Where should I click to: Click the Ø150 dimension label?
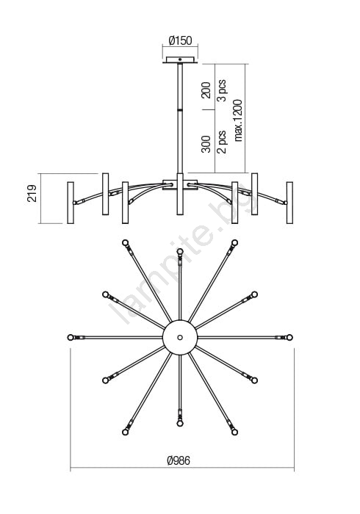[180, 40]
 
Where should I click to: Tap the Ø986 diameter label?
[179, 460]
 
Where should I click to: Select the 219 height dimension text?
[32, 193]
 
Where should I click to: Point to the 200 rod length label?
[206, 90]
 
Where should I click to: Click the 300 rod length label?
[206, 144]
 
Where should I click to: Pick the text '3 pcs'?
[222, 90]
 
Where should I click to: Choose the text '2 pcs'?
[222, 142]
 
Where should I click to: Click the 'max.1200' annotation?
[238, 120]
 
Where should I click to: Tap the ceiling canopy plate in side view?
[180, 59]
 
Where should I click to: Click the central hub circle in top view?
[180, 337]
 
